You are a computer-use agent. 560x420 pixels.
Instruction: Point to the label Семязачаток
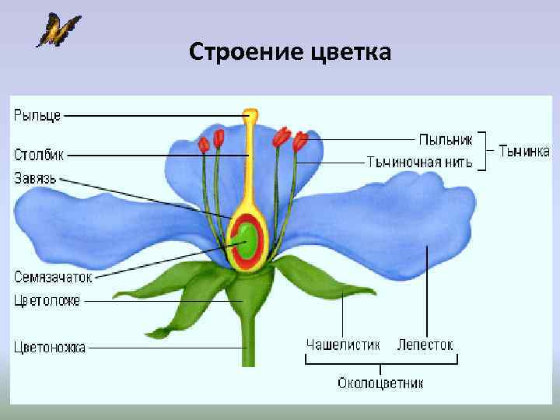[x=53, y=276]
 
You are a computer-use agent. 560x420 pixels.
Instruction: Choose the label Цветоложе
[x=47, y=299]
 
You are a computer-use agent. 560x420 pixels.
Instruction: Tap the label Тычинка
[x=524, y=150]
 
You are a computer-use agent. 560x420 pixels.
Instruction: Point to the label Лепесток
[x=425, y=344]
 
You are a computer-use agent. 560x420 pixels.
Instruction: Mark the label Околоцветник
[x=381, y=383]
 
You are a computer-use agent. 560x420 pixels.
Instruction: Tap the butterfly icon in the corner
[x=58, y=30]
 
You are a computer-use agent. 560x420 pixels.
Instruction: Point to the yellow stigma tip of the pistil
[x=250, y=117]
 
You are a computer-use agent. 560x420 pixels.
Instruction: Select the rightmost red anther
[x=300, y=142]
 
